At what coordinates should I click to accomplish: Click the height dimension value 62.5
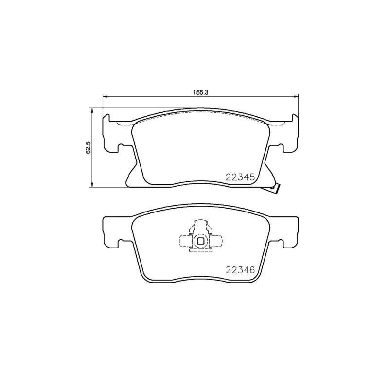(88, 147)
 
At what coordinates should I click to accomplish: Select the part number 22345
(240, 177)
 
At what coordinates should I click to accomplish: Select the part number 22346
(240, 270)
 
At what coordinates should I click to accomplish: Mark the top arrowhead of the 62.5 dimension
(92, 110)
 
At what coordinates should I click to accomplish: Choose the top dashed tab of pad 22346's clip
(200, 225)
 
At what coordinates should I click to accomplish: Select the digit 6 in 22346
(252, 270)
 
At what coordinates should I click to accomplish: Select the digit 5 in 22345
(252, 177)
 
